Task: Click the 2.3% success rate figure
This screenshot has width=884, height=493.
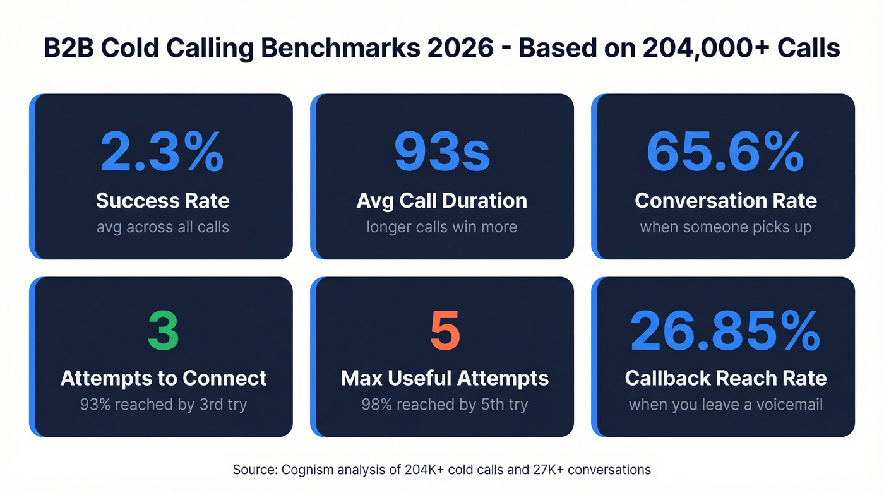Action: (x=162, y=152)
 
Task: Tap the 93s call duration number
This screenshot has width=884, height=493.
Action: (x=441, y=152)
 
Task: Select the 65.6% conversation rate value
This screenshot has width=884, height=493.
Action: (x=726, y=152)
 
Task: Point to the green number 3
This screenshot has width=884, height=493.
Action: (x=164, y=330)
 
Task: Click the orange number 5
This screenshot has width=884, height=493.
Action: (x=445, y=330)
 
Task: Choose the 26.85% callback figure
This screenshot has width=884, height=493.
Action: (x=726, y=330)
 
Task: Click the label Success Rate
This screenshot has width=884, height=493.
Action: (x=162, y=201)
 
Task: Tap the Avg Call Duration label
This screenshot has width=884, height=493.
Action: (x=441, y=201)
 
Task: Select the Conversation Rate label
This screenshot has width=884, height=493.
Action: (x=726, y=201)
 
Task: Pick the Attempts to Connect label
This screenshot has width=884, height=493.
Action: (x=164, y=378)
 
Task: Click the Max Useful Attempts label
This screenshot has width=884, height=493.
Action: (x=445, y=378)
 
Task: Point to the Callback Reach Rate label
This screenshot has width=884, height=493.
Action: (x=726, y=378)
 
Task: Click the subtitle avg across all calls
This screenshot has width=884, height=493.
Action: (x=162, y=227)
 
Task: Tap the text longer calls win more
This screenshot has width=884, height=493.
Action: (x=441, y=227)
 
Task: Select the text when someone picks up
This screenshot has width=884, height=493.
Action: (x=726, y=227)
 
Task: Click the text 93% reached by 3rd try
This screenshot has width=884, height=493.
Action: (x=164, y=405)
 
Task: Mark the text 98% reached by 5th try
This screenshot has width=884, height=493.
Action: (x=445, y=405)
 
